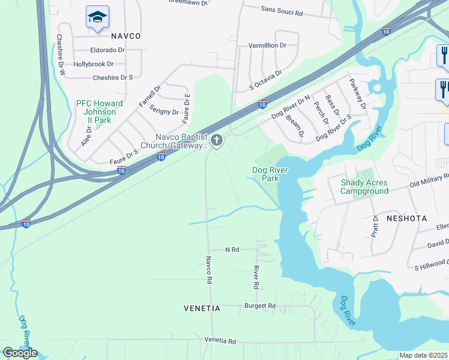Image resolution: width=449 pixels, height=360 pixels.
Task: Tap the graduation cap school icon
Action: pyautogui.click(x=97, y=17)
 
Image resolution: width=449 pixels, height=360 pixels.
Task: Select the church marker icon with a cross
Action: pyautogui.click(x=217, y=140)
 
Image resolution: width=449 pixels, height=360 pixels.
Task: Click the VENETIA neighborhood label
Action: pyautogui.click(x=202, y=308)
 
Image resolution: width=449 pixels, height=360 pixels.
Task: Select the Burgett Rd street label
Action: pyautogui.click(x=260, y=306)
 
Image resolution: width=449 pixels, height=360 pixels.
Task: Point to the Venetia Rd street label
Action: pyautogui.click(x=220, y=340)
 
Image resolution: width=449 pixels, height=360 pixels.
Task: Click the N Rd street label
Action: pyautogui.click(x=232, y=249)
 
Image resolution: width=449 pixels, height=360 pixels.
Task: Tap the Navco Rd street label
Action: pyautogui.click(x=209, y=270)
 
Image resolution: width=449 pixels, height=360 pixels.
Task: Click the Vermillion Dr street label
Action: pyautogui.click(x=268, y=46)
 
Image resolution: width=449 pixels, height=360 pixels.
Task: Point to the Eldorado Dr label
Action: pyautogui.click(x=107, y=50)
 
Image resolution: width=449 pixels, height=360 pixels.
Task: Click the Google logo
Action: pyautogui.click(x=19, y=353)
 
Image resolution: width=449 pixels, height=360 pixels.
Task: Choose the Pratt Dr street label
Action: pyautogui.click(x=375, y=226)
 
